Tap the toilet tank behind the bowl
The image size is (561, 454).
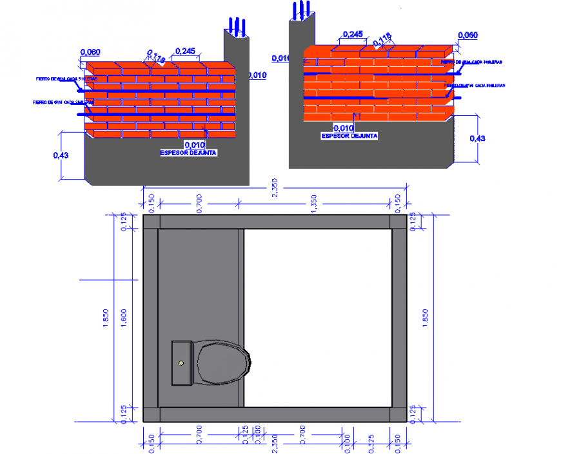click(x=182, y=364)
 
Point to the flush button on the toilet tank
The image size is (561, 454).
click(x=182, y=363)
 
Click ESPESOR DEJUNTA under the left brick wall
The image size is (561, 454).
click(x=188, y=153)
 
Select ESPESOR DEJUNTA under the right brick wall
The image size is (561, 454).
click(x=349, y=136)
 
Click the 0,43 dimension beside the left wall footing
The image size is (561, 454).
click(x=60, y=155)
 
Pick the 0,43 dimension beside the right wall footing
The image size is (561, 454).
click(x=478, y=138)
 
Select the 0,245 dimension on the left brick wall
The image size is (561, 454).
click(x=185, y=51)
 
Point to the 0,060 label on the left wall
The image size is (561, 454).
click(x=90, y=52)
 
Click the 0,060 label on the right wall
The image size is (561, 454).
click(x=467, y=35)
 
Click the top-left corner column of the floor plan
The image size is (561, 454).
click(x=150, y=222)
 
